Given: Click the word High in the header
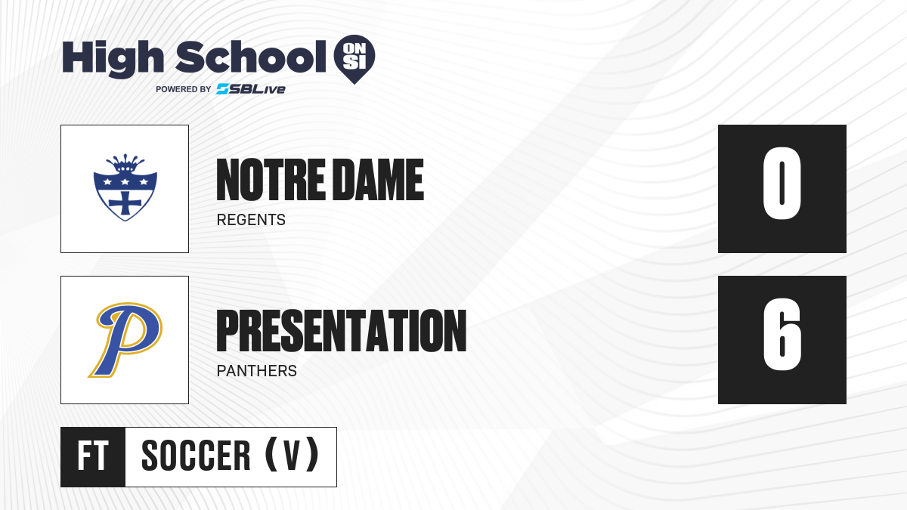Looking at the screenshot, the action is pos(113,59).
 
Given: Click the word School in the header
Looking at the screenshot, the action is pos(251,57).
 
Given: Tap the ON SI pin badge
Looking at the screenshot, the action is pos(354,59).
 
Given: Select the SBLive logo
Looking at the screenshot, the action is pos(250,89).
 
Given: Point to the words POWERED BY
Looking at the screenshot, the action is pos(184,89).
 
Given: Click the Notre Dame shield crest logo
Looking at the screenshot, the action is pos(125,187).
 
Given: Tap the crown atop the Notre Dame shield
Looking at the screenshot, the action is pos(125,163).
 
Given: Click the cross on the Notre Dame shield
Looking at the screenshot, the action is pos(125,203).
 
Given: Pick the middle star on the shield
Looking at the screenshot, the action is pos(125,182).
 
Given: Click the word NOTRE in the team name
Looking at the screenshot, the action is pos(271,180).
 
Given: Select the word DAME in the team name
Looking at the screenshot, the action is pos(380,180).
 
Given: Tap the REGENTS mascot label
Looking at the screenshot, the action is pos(251,220).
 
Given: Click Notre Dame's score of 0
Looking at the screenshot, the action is pos(782,183).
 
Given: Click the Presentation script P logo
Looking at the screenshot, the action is pos(125,339).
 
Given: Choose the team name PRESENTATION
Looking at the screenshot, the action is pos(342,331).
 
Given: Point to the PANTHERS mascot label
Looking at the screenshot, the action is pos(257,371).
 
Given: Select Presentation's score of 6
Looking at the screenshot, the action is pos(782,334).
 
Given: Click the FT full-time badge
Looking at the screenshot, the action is pos(93,456).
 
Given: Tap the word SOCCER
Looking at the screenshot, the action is pos(196,456).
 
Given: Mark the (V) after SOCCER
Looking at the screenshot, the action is pos(292,455).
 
